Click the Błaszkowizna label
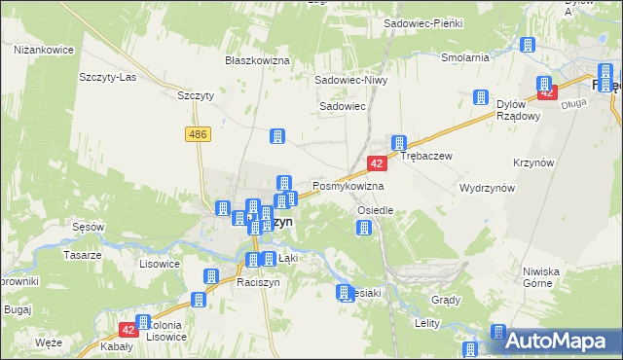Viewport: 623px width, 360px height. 258,60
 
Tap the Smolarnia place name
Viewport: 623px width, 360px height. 464,57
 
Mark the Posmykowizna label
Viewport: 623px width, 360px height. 348,186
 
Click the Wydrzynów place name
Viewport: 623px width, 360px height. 486,186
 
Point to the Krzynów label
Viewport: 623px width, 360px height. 533,162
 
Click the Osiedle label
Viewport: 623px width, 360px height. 375,210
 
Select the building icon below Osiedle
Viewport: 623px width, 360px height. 364,229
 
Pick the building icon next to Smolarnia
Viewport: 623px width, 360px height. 528,45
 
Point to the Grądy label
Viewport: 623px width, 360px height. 445,300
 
